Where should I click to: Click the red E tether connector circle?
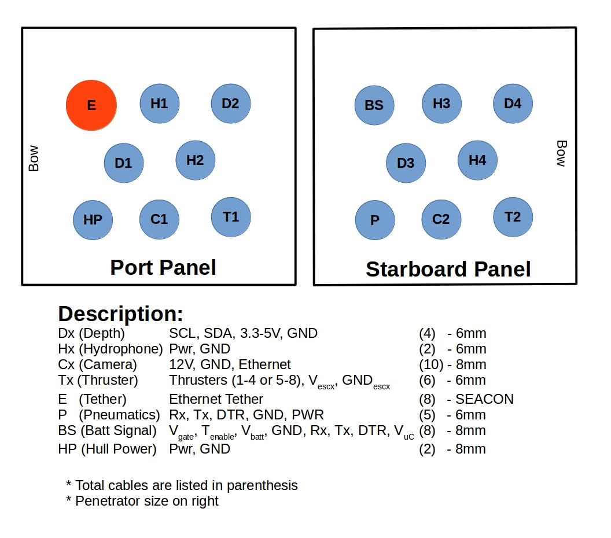91,105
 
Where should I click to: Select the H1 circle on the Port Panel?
159,104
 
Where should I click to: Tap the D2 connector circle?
230,104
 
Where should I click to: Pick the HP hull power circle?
93,220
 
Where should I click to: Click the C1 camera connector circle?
159,219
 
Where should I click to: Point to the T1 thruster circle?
231,217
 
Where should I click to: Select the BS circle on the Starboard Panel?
374,105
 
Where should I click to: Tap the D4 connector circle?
513,104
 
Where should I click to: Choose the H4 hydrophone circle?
477,160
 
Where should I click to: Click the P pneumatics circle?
375,220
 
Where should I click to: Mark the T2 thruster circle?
513,217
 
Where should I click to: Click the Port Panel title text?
163,267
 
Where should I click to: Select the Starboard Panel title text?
448,269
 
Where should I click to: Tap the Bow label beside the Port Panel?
34,158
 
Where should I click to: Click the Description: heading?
121,314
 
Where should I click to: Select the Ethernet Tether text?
216,399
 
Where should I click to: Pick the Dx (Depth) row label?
91,333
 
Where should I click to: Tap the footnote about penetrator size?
142,501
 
